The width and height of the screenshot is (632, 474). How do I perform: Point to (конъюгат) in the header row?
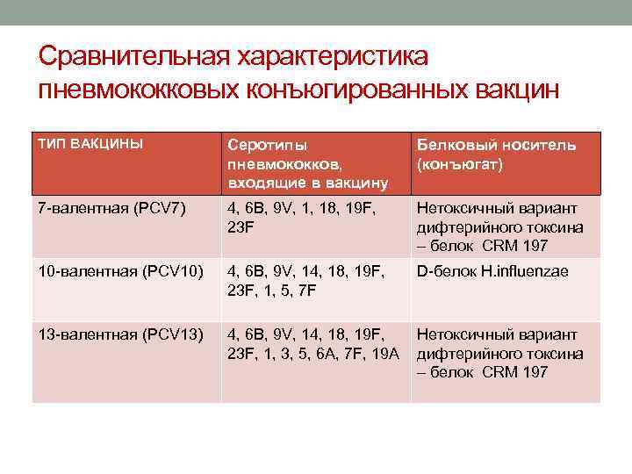[460, 163]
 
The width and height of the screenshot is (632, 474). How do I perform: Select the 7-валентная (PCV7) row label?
[111, 209]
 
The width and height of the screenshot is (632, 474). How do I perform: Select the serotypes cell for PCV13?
[312, 344]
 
